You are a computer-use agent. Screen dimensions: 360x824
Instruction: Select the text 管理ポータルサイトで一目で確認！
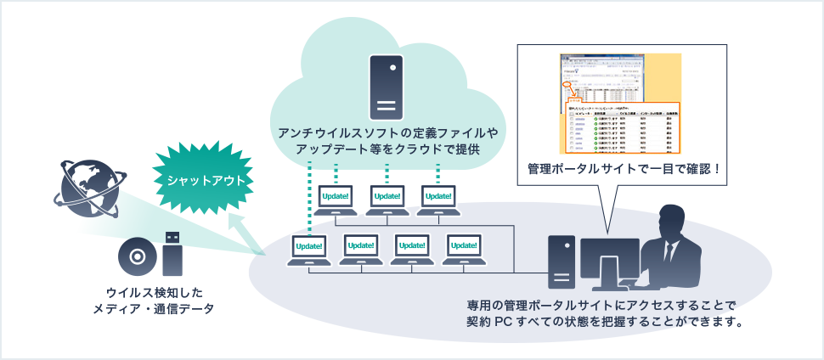pyautogui.click(x=624, y=168)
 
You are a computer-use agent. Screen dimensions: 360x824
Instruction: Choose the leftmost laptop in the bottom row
pyautogui.click(x=308, y=250)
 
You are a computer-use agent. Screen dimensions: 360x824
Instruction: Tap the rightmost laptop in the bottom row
pyautogui.click(x=464, y=250)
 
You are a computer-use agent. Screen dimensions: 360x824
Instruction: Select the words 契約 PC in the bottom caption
pyautogui.click(x=493, y=322)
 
